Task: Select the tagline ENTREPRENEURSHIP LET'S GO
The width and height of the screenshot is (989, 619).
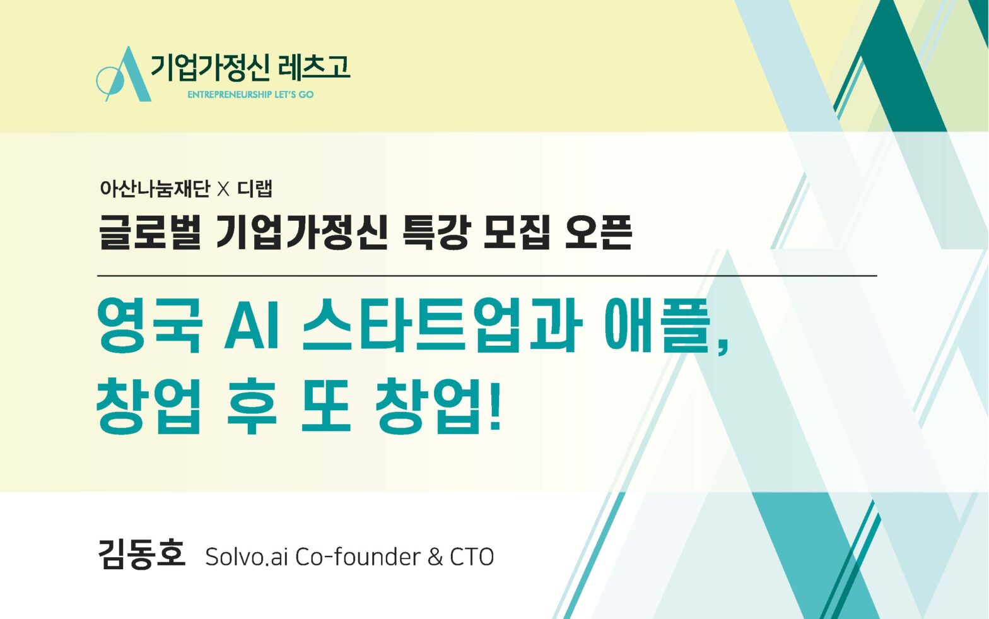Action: (x=250, y=95)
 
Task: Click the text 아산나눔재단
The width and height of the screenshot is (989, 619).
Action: (x=155, y=189)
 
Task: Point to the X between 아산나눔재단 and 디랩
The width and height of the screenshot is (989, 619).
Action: (x=223, y=189)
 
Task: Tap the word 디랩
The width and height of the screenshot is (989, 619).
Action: (x=255, y=189)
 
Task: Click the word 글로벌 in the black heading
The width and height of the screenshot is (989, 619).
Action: (x=149, y=232)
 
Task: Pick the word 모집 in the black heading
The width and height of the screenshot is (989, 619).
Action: (x=517, y=232)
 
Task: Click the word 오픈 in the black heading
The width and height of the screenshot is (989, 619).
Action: (x=599, y=232)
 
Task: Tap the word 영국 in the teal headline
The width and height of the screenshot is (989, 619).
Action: (x=149, y=326)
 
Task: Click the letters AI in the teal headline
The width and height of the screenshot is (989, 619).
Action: (x=252, y=326)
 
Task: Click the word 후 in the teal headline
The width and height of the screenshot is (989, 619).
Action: (x=252, y=406)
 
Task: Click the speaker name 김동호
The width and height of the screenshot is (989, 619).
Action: (x=142, y=554)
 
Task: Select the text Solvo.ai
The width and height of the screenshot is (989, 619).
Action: (x=247, y=557)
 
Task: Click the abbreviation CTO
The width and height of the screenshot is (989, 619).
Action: (x=472, y=557)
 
